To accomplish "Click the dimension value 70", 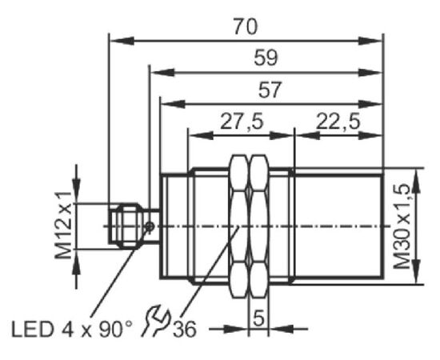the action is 246,26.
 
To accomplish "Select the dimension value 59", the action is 266,58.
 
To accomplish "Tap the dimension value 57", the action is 270,90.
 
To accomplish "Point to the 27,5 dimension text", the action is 242,122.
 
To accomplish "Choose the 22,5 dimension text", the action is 338,122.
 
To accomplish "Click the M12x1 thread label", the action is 63,226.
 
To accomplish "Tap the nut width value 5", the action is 258,318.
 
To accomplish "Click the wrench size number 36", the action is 184,329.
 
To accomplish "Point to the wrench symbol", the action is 155,320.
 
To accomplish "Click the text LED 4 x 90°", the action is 71,329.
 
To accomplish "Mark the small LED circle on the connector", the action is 150,226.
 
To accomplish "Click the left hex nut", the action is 239,226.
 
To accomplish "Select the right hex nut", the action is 258,226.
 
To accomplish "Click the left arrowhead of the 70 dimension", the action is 122,41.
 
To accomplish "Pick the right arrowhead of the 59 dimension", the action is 370,73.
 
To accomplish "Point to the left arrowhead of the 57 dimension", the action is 173,104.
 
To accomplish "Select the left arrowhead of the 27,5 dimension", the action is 201,136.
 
